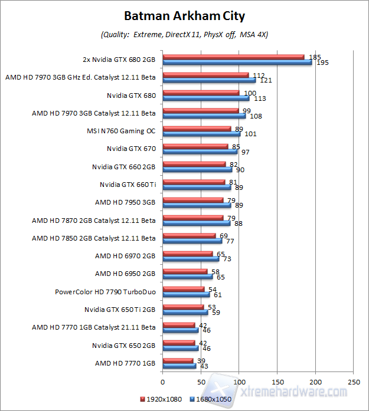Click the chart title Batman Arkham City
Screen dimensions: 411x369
tap(184, 15)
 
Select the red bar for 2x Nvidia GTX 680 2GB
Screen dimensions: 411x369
tap(233, 57)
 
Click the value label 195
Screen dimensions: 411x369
tap(322, 63)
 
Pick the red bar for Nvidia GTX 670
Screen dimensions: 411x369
tap(195, 146)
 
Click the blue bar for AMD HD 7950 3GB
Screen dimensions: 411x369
tap(196, 205)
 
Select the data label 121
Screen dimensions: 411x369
tap(266, 80)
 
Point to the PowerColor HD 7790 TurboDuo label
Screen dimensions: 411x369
tap(105, 291)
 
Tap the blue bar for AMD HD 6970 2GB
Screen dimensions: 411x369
tap(190, 258)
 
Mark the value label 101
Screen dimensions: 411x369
tap(250, 134)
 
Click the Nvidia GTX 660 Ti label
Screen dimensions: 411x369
tap(128, 184)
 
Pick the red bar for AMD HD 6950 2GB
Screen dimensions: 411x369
tap(184, 271)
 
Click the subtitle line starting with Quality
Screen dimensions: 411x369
tap(184, 35)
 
